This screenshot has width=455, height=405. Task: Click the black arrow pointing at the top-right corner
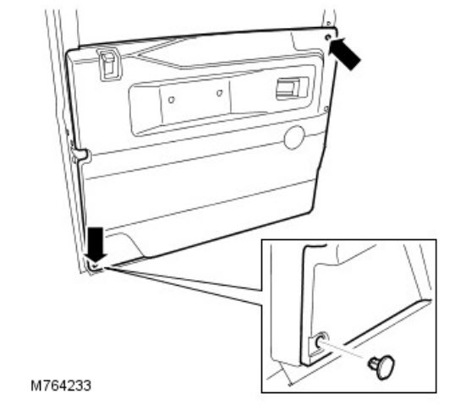point(344,53)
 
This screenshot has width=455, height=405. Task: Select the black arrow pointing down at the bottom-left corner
point(96,244)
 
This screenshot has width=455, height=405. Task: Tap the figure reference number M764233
point(61,386)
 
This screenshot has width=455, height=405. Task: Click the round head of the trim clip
point(386,367)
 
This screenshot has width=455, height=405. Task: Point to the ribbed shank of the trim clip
point(373,364)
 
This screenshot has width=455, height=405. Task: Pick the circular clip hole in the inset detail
point(322,340)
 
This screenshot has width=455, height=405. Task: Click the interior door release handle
point(291,88)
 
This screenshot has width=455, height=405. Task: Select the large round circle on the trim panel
point(294,138)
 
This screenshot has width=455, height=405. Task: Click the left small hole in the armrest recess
point(172,100)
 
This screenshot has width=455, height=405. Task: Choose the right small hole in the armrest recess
point(220,93)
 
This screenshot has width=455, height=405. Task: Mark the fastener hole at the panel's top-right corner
point(328,37)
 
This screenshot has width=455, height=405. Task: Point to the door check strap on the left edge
point(79,155)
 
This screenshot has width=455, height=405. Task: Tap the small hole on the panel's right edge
point(326,109)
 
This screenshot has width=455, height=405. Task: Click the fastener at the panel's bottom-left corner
point(96,265)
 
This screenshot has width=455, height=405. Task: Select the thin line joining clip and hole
point(344,350)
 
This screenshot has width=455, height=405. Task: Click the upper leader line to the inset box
point(183,279)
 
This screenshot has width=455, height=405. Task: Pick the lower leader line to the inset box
point(183,287)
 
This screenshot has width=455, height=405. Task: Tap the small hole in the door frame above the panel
point(328,23)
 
